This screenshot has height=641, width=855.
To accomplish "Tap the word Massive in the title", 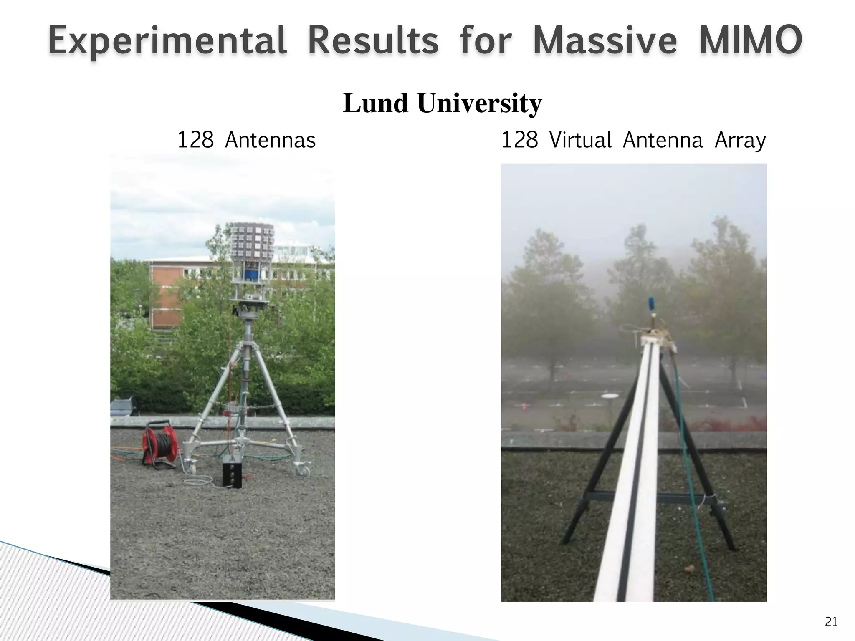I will [605, 40].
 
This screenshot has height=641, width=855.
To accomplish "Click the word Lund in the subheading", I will [375, 103].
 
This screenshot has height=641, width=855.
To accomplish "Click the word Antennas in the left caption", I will [270, 140].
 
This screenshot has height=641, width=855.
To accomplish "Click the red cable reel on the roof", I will [159, 444].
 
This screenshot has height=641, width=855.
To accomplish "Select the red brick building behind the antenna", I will [163, 294].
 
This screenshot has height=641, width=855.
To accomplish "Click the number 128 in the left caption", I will [195, 140].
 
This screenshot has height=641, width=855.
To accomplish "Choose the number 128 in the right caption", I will [519, 140].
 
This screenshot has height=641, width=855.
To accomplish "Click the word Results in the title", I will [373, 40].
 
